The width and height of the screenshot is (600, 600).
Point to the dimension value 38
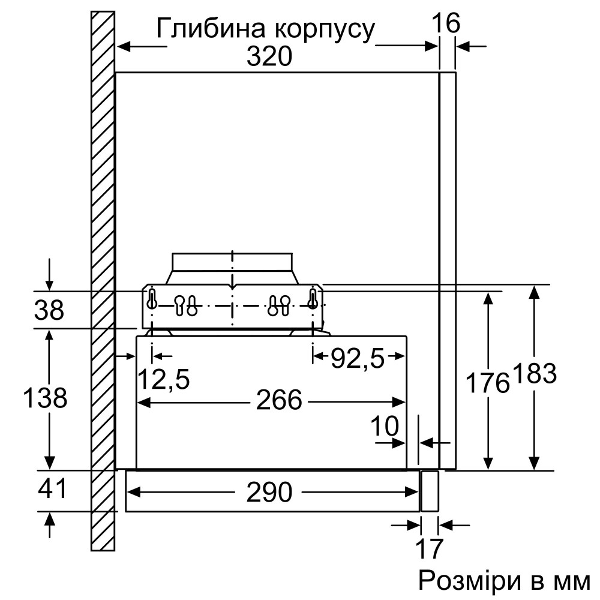(49, 311)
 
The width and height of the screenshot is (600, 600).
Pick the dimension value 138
(45, 397)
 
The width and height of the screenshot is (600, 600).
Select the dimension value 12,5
(164, 379)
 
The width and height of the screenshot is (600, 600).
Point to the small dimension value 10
(384, 427)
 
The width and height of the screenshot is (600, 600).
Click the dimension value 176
(488, 382)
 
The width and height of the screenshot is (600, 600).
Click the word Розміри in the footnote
(460, 580)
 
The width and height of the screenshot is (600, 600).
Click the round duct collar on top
(232, 262)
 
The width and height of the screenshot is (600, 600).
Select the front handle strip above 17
(430, 491)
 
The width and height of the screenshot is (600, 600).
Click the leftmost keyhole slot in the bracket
(152, 299)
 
